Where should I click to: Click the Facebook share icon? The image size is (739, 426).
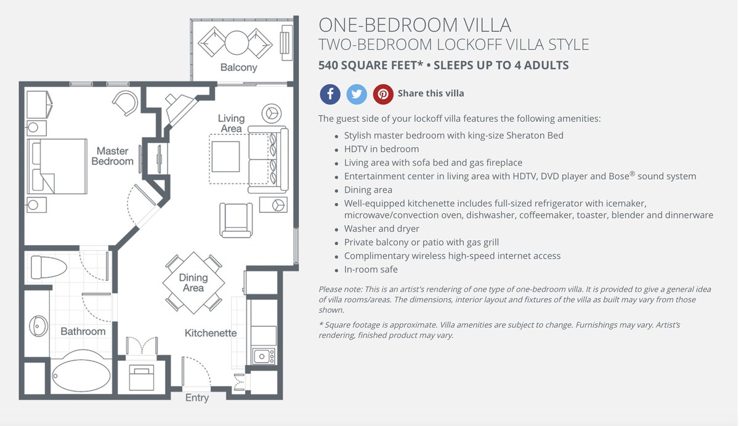click(x=330, y=94)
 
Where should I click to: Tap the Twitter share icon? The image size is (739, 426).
click(x=357, y=94)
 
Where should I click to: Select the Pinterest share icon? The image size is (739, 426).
click(x=383, y=94)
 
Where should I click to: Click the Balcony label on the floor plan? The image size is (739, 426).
click(x=238, y=68)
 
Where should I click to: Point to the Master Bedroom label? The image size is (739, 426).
click(x=113, y=156)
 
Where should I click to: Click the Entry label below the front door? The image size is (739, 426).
click(x=197, y=398)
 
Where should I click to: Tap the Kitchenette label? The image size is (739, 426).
click(x=211, y=333)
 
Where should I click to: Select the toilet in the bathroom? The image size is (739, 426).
click(x=49, y=267)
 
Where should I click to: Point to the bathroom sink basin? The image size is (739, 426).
click(x=38, y=326)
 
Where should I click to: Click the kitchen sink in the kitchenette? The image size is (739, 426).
click(x=263, y=356)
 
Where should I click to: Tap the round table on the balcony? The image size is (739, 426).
click(x=236, y=43)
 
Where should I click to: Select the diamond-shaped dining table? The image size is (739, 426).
click(x=193, y=283)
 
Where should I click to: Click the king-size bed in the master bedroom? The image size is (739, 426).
click(x=57, y=166)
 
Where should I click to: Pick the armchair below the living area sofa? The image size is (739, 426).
click(x=236, y=220)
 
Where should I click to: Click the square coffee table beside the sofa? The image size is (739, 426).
click(x=225, y=156)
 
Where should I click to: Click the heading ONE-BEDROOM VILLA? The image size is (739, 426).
click(x=414, y=25)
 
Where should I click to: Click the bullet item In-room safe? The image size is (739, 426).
click(x=371, y=270)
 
